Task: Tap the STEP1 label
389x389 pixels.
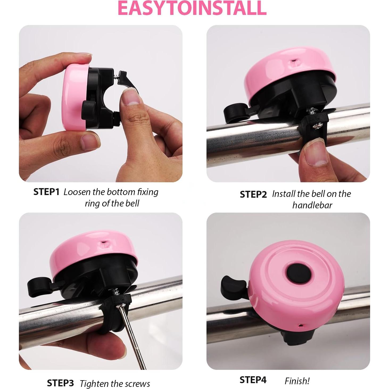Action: [x=46, y=192]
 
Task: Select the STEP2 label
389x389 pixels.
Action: [x=253, y=194]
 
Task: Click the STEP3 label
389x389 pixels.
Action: [x=60, y=383]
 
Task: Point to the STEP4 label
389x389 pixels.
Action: [x=253, y=380]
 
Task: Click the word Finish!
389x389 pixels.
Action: [x=297, y=381]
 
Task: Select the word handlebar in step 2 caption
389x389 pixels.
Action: [x=312, y=205]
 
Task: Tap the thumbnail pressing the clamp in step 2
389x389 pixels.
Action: [x=315, y=153]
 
